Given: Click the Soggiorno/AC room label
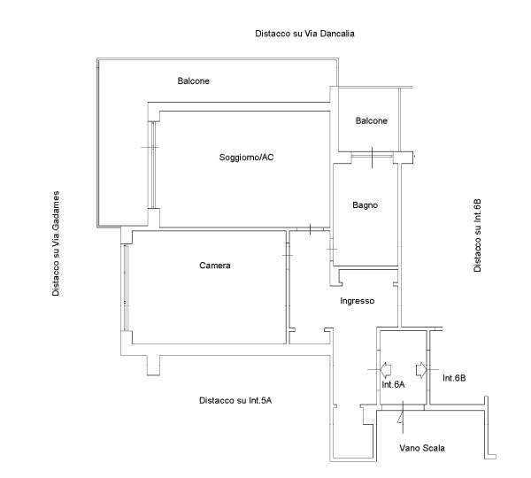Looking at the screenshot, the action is pos(246,158).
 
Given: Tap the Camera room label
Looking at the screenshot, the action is pos(215,266).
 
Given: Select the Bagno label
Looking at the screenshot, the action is pos(365,205).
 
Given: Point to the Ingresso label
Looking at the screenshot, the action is pos(357,301).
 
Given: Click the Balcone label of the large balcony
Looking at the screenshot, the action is pos(193,81).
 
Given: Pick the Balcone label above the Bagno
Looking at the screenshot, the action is pos(371,120).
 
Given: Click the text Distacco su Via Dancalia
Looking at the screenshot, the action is pos(304,34).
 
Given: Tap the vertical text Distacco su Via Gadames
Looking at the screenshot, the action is pos(56,243).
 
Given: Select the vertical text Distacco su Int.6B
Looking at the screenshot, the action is pos(477,235).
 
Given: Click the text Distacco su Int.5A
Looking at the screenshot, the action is pos(235,400).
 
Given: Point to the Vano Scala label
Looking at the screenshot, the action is pos(421,448).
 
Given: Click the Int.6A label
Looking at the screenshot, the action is pos(393,384).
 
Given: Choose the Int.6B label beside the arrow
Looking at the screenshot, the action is pos(454,378).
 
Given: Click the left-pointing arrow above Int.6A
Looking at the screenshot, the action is pos(386,370).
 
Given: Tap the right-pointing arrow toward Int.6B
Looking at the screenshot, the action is pos(420,370).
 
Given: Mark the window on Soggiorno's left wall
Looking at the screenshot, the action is pos(153,165).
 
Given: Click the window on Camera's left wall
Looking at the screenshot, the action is pos(126,288).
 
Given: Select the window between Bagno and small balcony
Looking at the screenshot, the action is pos(373,156).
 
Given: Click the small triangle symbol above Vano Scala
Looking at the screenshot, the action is pos(401,418).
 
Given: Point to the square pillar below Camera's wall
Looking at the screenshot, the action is pos(153,366).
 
